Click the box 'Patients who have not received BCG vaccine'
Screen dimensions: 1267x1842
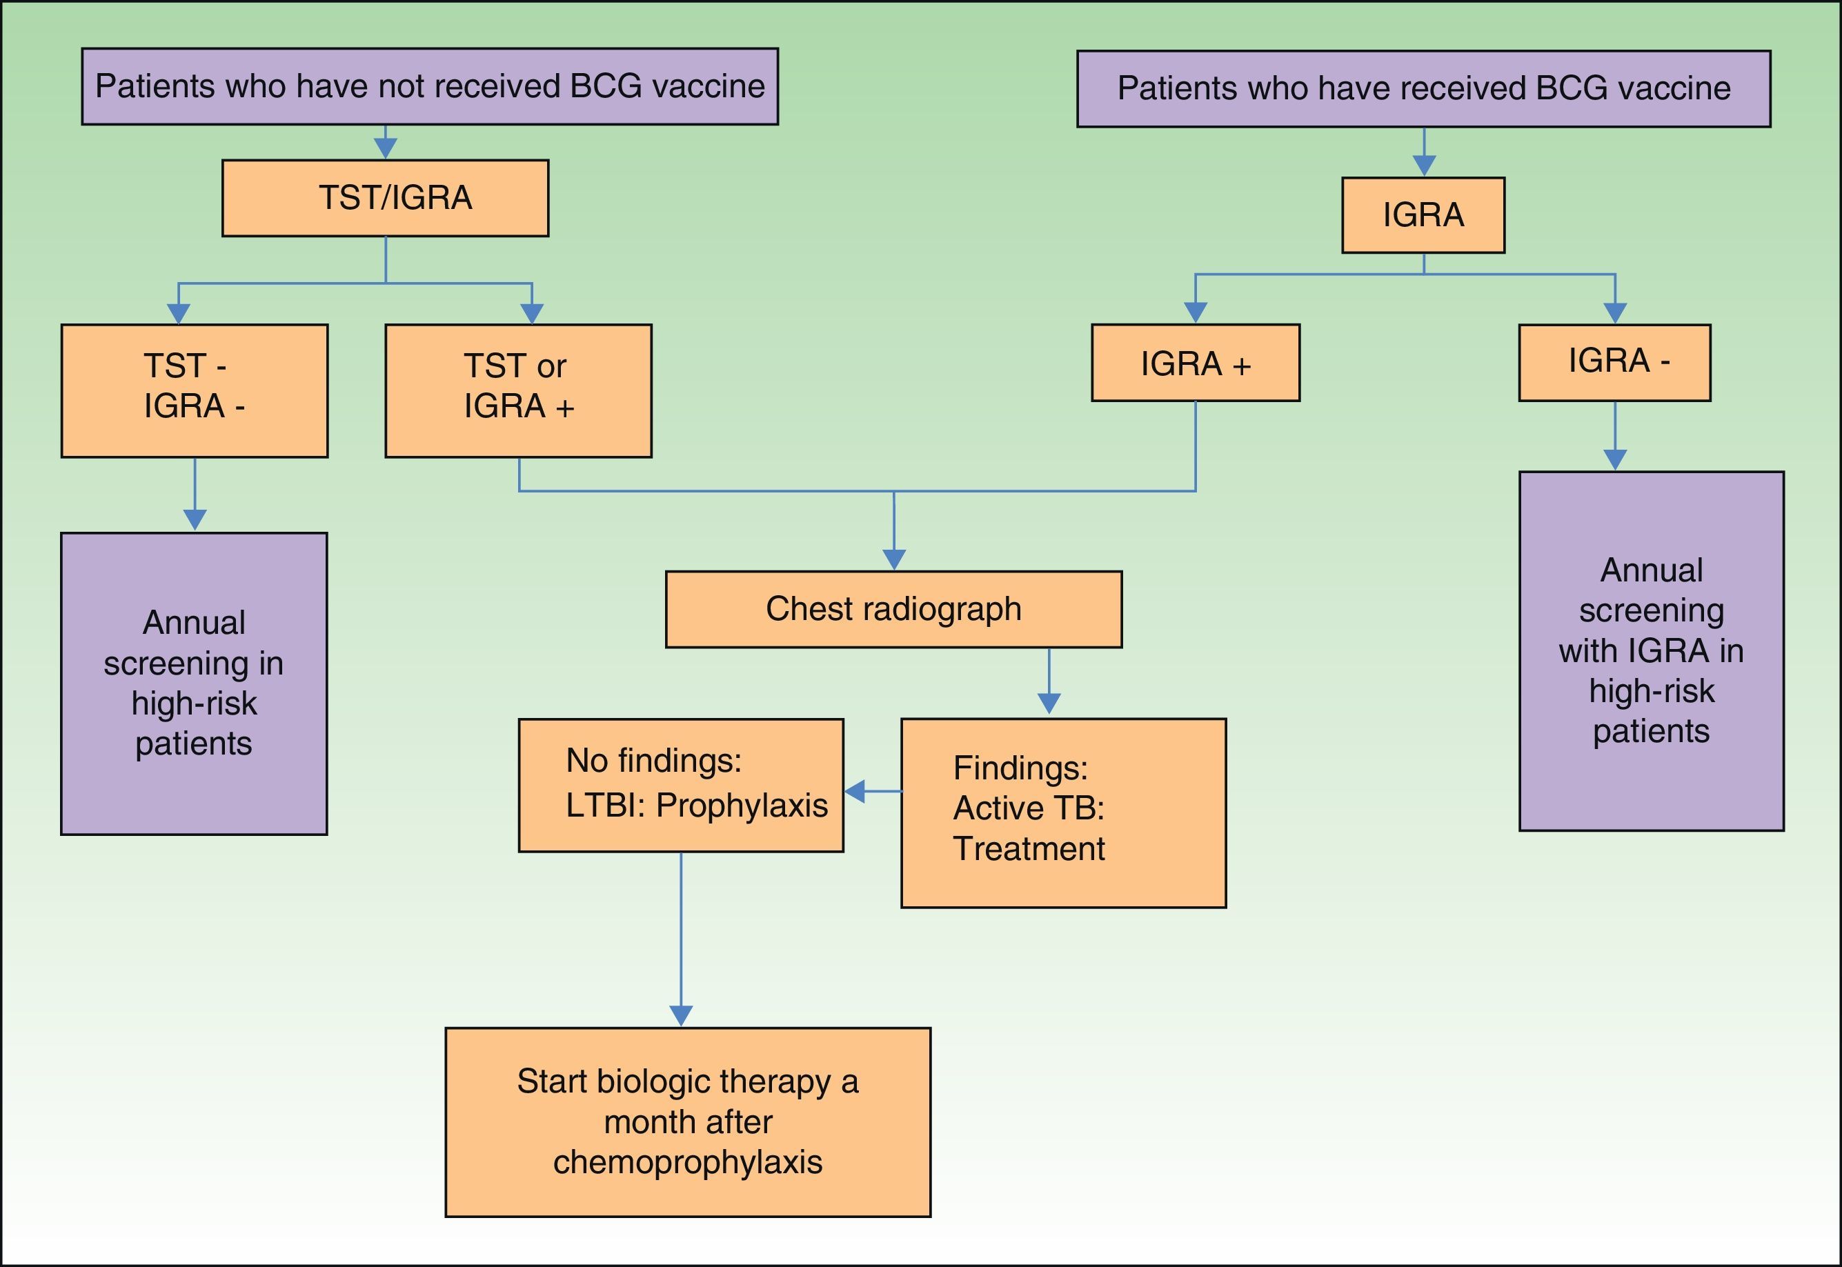[430, 86]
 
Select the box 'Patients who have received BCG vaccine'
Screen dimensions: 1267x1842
[1423, 89]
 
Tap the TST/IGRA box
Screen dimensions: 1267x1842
[385, 199]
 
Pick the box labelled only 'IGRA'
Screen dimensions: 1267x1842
[1423, 215]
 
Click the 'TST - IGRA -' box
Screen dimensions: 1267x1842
[195, 390]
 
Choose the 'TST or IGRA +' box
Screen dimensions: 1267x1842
[519, 390]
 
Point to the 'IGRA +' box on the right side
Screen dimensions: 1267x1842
[1195, 363]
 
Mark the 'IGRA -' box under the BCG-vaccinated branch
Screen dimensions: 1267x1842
[1614, 363]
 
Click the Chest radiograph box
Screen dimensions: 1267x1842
[893, 609]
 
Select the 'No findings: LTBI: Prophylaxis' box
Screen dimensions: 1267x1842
[680, 785]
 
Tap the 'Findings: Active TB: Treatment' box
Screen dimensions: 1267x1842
[1063, 813]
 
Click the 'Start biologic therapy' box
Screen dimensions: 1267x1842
[688, 1121]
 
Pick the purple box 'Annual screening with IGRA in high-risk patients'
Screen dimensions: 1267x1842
[1652, 651]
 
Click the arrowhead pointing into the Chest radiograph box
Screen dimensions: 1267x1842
[894, 559]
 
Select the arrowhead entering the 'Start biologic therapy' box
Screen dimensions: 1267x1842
[681, 1015]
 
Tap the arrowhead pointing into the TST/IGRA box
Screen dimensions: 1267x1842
[385, 148]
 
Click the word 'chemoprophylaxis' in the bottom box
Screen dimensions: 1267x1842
[688, 1162]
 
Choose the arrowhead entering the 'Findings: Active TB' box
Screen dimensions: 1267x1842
[1049, 704]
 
